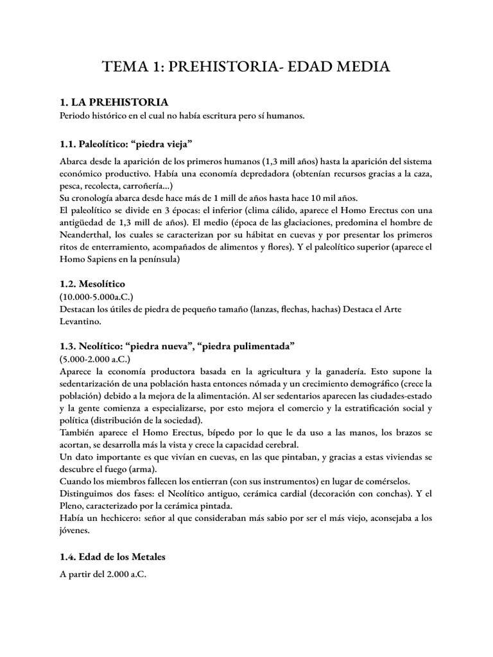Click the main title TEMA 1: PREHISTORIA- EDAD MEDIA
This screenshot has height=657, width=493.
pos(246,66)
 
